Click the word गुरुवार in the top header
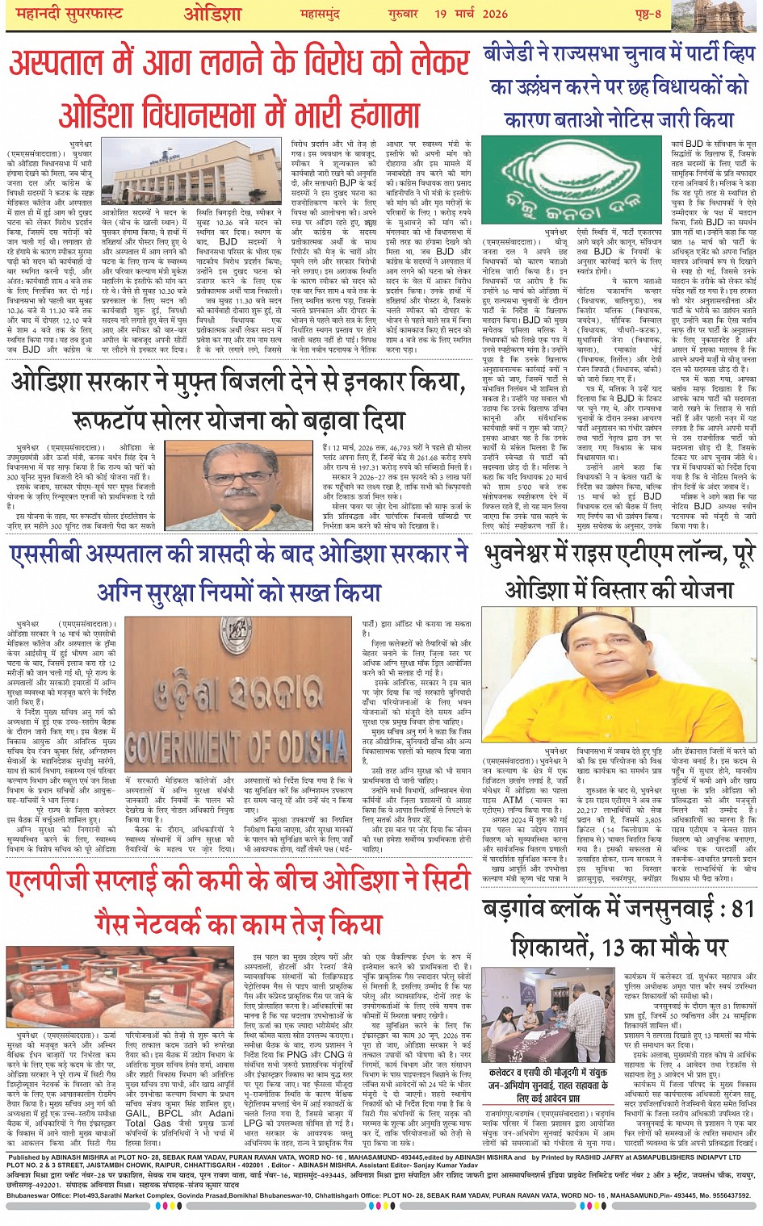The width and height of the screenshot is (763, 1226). coord(400,15)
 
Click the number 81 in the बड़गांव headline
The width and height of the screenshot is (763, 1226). coord(740,908)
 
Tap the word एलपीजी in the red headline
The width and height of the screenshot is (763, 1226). coord(51,882)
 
